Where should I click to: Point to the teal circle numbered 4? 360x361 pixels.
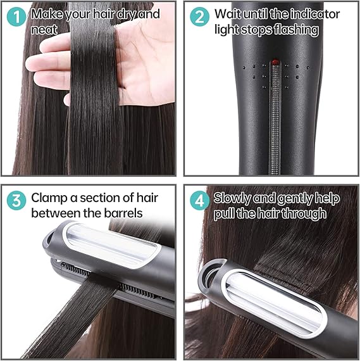pos(199,201)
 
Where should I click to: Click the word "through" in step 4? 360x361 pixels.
pos(303,213)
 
